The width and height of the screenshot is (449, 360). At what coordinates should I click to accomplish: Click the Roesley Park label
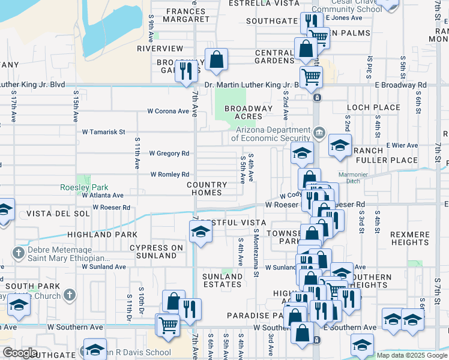point(83,187)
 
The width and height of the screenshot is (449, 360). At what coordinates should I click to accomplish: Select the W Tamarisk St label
point(103,131)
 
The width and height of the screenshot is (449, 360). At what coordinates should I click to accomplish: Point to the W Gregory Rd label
point(169,153)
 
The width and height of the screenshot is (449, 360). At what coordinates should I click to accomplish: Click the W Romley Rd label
point(170,174)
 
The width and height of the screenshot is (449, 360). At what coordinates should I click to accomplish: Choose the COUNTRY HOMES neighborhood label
point(207,188)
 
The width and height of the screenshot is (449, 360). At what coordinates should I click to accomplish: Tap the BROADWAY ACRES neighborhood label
point(249,112)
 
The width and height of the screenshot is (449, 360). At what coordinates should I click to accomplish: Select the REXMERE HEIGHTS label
point(409,238)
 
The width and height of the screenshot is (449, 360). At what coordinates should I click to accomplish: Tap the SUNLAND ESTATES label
point(222,280)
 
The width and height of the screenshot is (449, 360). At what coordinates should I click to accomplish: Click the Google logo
point(19,353)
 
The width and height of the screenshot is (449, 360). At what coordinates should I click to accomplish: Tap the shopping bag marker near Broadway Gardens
point(216,59)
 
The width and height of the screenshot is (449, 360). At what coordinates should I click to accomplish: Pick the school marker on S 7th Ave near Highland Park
point(200,232)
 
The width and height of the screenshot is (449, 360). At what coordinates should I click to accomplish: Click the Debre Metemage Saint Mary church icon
point(19,251)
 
